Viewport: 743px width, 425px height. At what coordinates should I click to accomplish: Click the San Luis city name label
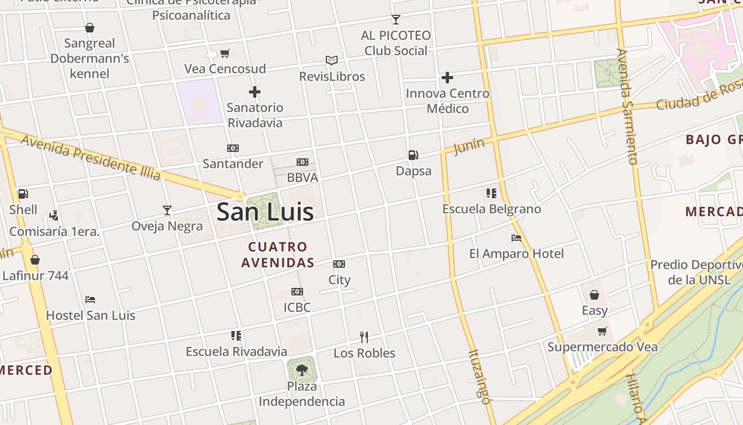pos(265,212)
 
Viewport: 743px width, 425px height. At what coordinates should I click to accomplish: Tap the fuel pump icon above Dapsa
pos(413,155)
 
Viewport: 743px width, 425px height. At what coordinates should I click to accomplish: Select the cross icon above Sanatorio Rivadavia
pos(255,92)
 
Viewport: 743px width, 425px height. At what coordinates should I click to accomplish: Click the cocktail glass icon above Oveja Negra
pos(167,210)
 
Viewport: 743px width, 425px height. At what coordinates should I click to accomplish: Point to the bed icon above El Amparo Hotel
pos(516,238)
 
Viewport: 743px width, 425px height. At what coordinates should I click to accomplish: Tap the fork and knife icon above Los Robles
pos(364,337)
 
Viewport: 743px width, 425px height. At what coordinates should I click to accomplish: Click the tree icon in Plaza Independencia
pos(301,370)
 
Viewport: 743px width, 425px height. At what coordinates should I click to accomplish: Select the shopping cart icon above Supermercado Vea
pos(602,331)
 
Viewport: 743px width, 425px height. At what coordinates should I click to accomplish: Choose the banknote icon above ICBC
pos(297,292)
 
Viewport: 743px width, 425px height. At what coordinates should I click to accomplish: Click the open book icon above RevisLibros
pos(332,61)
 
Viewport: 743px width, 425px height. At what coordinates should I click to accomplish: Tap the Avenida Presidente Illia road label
pos(91,157)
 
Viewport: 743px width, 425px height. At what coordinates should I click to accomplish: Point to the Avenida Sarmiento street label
pos(626,106)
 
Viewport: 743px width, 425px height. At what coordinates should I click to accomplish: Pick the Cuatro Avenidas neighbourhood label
pos(278,254)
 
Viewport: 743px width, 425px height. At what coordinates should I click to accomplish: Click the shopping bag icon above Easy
pos(594,294)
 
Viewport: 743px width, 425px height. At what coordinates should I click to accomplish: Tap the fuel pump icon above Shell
pos(23,194)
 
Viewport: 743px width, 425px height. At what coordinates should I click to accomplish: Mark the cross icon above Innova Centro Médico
pos(447,78)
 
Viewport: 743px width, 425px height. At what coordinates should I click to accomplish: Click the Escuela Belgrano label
pos(492,209)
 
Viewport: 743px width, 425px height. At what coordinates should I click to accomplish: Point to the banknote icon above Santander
pos(233,148)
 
